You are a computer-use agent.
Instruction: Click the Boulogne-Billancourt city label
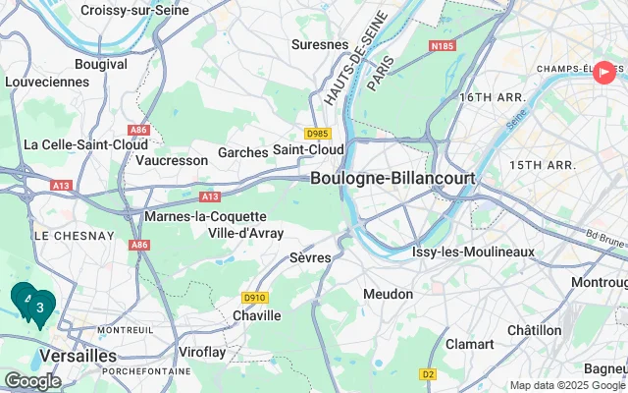[x=392, y=179]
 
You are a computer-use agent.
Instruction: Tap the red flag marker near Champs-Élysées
[x=604, y=72]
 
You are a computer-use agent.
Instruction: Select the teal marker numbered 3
[x=40, y=308]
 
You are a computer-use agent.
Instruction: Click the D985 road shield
[x=317, y=134]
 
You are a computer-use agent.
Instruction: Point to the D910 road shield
[x=254, y=297]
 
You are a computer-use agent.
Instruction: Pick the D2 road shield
[x=428, y=373]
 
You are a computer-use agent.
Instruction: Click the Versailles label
[x=78, y=355]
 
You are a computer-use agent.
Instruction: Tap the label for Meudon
[x=388, y=294]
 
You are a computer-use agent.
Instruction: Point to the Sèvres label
[x=311, y=256]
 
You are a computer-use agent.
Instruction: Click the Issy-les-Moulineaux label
[x=473, y=252]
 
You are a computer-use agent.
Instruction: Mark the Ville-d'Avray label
[x=246, y=233]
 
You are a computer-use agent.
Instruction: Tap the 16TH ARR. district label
[x=489, y=97]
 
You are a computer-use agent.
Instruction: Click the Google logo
[x=32, y=380]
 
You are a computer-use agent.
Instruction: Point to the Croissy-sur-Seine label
[x=135, y=10]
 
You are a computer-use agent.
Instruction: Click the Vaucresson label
[x=172, y=159]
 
